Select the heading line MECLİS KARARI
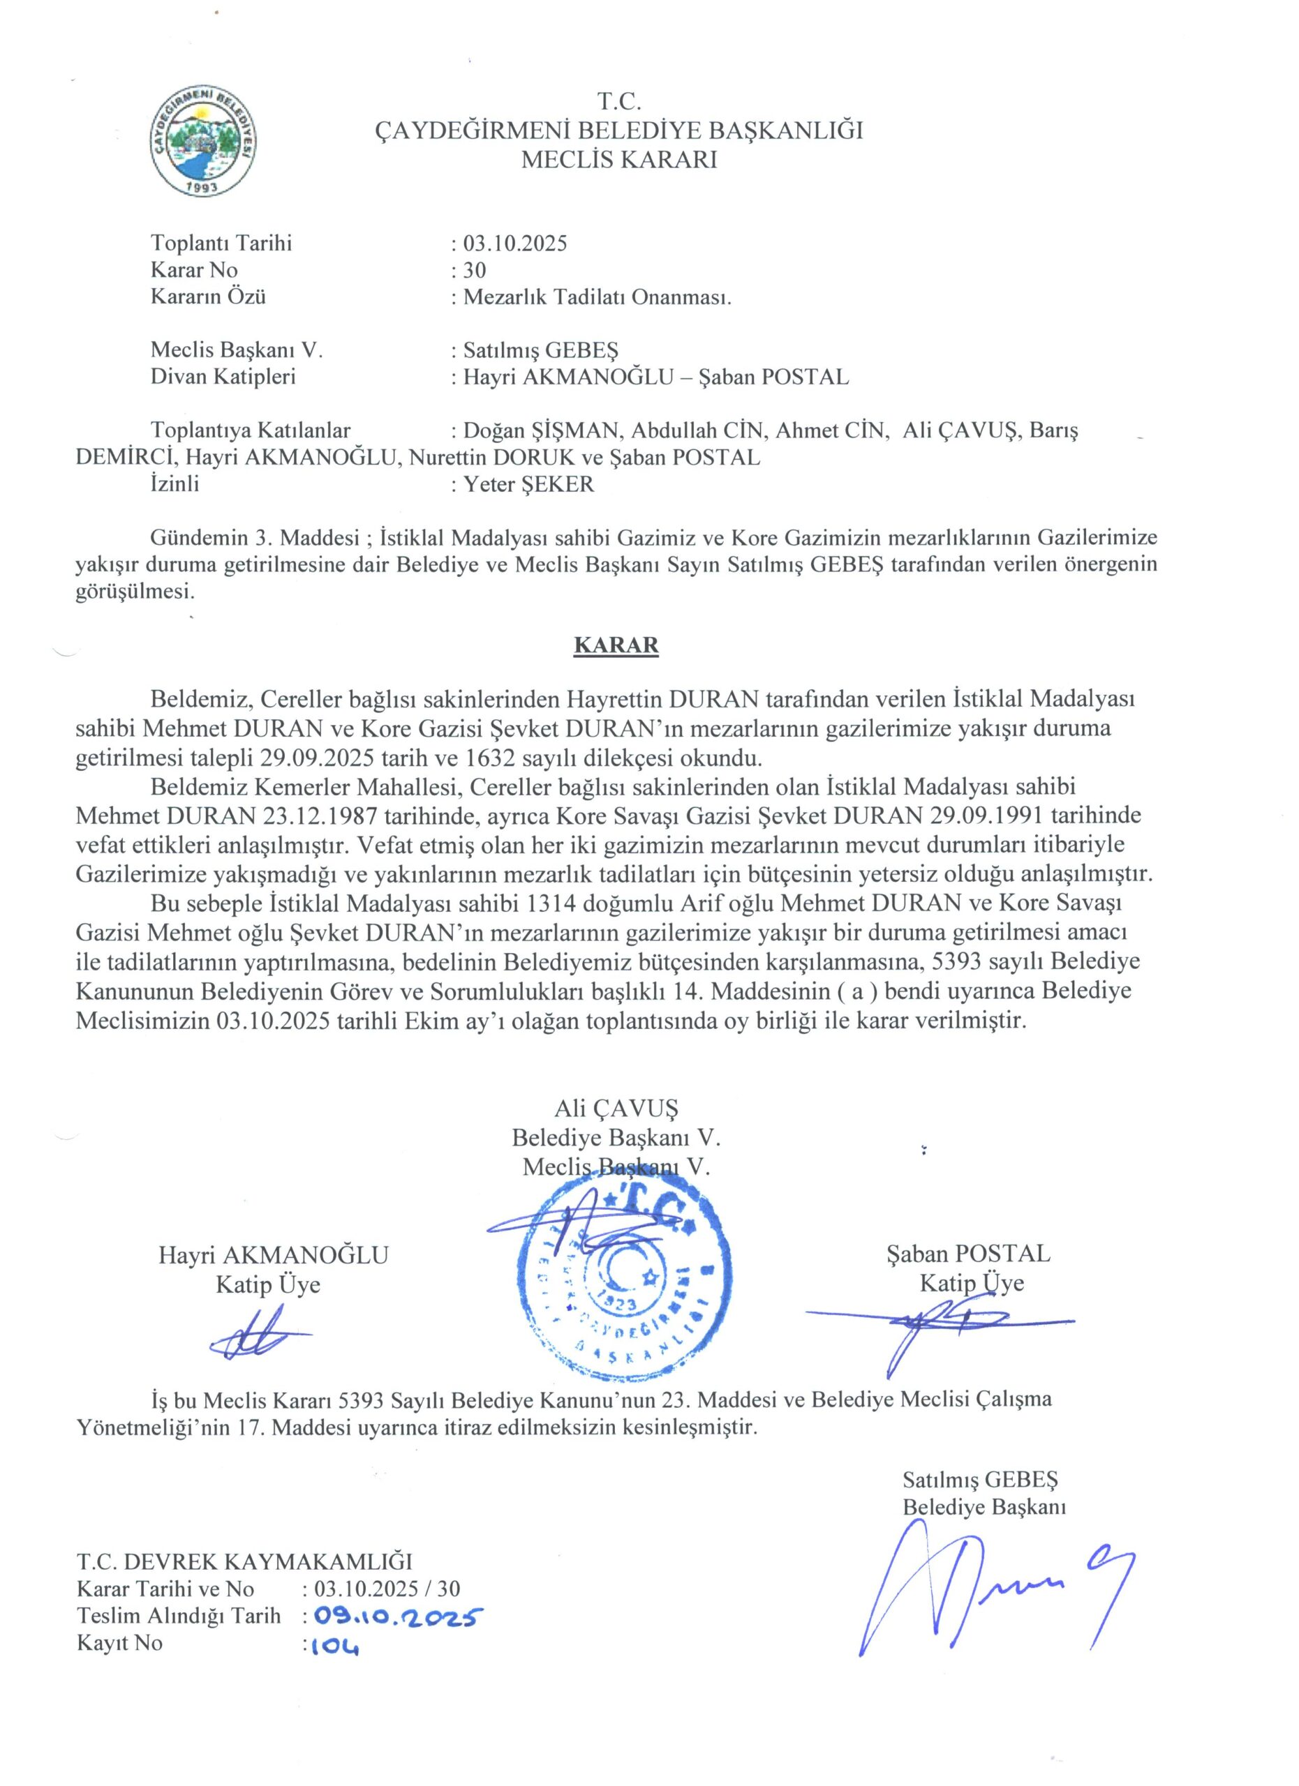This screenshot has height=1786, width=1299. pyautogui.click(x=619, y=160)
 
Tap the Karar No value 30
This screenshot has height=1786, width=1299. pyautogui.click(x=474, y=270)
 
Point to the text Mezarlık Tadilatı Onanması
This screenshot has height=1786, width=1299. pyautogui.click(x=597, y=297)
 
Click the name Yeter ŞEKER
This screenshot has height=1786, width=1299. pyautogui.click(x=528, y=483)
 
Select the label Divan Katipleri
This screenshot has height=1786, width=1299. pyautogui.click(x=223, y=377)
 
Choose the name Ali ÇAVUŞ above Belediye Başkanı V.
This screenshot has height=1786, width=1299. pyautogui.click(x=616, y=1109)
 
